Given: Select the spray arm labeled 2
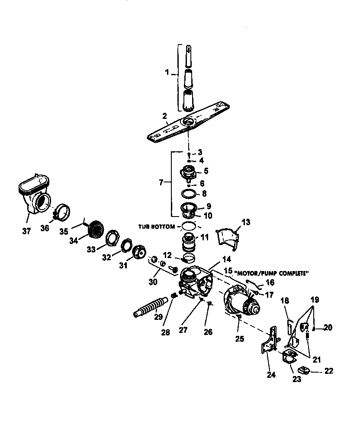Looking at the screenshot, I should click(x=189, y=123).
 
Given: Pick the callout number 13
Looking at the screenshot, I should click(x=245, y=222).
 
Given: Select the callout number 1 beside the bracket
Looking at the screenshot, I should click(x=167, y=73).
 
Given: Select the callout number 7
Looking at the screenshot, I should click(x=161, y=183).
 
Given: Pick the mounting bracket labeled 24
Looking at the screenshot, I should click(x=269, y=342).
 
